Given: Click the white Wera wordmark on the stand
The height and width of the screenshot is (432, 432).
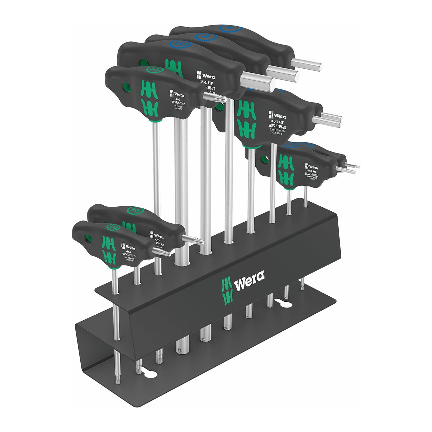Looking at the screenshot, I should pos(249,276).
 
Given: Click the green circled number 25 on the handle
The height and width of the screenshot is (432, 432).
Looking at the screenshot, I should pos(154,69).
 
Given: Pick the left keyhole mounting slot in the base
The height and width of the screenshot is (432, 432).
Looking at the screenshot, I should pos(148,374).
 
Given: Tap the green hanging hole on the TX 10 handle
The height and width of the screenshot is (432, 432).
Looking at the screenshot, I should pos(89,238).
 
